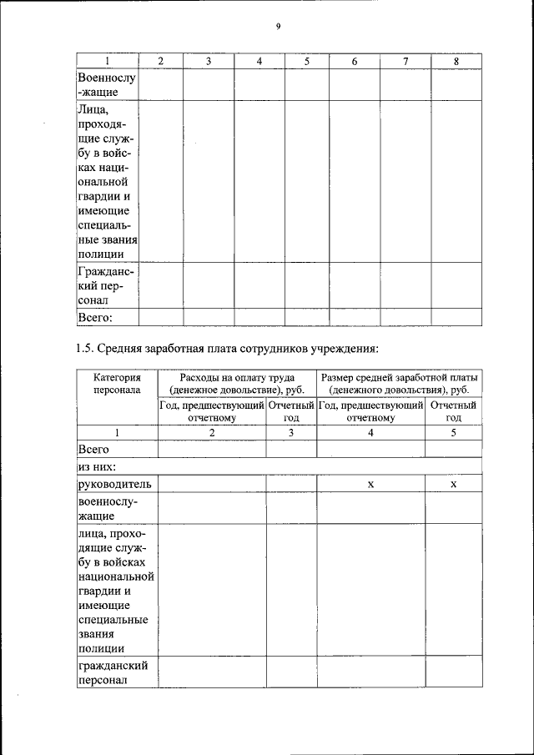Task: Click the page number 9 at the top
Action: (278, 26)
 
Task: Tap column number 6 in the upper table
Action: (355, 61)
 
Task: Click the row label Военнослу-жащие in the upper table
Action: (107, 84)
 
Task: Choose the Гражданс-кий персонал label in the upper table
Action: (107, 285)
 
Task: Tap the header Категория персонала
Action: (117, 383)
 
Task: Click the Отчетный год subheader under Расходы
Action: (291, 411)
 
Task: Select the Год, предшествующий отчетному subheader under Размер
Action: (370, 411)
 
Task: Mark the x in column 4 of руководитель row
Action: (370, 485)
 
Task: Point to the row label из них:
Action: (96, 466)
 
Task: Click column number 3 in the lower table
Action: (291, 432)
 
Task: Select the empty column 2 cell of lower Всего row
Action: (212, 449)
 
